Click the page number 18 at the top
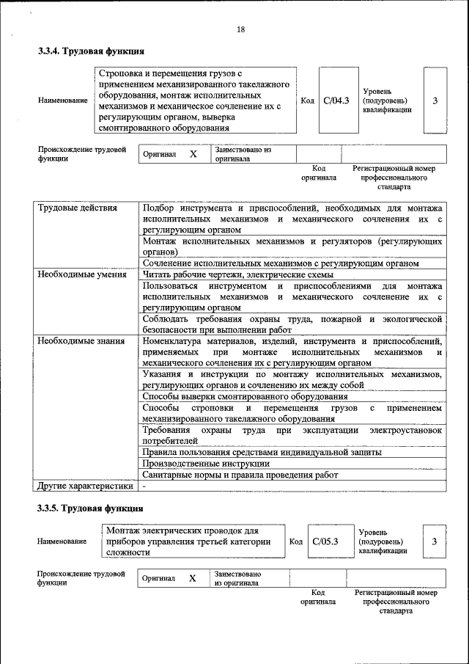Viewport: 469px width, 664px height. (240, 29)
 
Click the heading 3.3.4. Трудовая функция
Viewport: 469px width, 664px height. (91, 52)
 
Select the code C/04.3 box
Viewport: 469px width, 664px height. (336, 101)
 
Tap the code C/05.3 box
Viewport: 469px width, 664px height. (325, 541)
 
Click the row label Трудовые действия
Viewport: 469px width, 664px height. (78, 208)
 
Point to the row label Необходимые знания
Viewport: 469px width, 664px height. (81, 341)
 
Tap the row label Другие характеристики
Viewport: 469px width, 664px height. (86, 486)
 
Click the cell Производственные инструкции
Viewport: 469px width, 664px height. (206, 464)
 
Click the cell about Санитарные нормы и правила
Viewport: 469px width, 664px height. (240, 475)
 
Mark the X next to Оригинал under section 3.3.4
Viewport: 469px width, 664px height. (193, 155)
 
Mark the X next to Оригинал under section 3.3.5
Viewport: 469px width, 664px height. (193, 578)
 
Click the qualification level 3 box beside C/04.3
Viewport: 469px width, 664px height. (435, 101)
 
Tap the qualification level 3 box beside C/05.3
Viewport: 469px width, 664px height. (434, 541)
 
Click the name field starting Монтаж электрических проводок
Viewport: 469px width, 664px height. (192, 541)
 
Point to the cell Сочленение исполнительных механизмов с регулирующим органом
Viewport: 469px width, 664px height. (281, 263)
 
